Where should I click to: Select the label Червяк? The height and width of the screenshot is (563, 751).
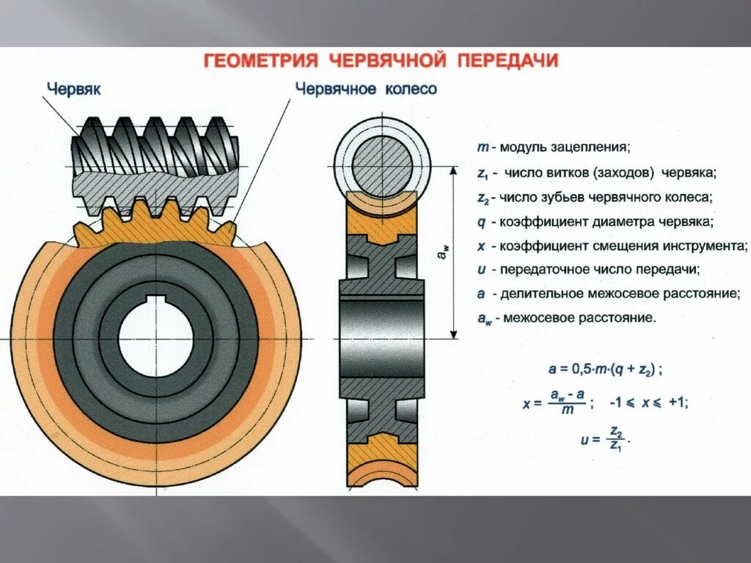74,89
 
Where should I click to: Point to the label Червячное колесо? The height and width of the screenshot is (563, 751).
366,89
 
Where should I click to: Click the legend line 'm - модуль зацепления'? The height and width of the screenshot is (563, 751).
553,147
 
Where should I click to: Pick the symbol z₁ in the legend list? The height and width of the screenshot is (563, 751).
483,174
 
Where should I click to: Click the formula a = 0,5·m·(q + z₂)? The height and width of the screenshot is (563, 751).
606,369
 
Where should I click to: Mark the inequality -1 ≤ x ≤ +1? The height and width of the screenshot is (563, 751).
650,402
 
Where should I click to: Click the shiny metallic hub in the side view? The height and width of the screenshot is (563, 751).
381,337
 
